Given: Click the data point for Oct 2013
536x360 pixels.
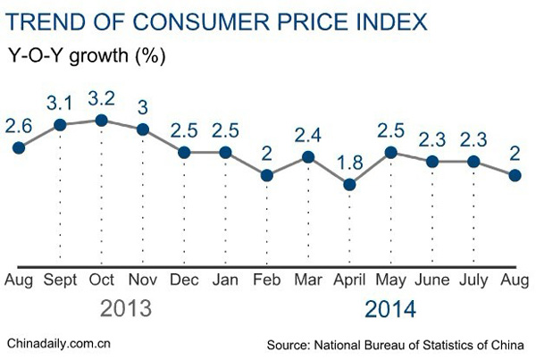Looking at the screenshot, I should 101,121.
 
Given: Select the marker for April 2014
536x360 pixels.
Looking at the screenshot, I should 349,185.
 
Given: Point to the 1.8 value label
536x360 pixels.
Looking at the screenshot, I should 349,163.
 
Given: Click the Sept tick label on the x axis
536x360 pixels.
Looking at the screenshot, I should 59,280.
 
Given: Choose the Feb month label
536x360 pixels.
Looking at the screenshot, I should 266,280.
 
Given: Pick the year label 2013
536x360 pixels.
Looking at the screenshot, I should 125,309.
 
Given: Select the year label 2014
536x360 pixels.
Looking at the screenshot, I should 389,309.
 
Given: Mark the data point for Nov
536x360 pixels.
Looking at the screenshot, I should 142,130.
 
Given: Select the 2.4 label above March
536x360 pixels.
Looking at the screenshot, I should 307,136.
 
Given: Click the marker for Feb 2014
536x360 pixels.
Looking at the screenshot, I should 266,175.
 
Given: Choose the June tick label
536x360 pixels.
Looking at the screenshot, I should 432,280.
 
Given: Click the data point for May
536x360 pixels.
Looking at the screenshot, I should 390,152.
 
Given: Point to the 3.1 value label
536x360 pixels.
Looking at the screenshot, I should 59,103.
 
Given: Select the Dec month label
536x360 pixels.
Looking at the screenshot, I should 183,280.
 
